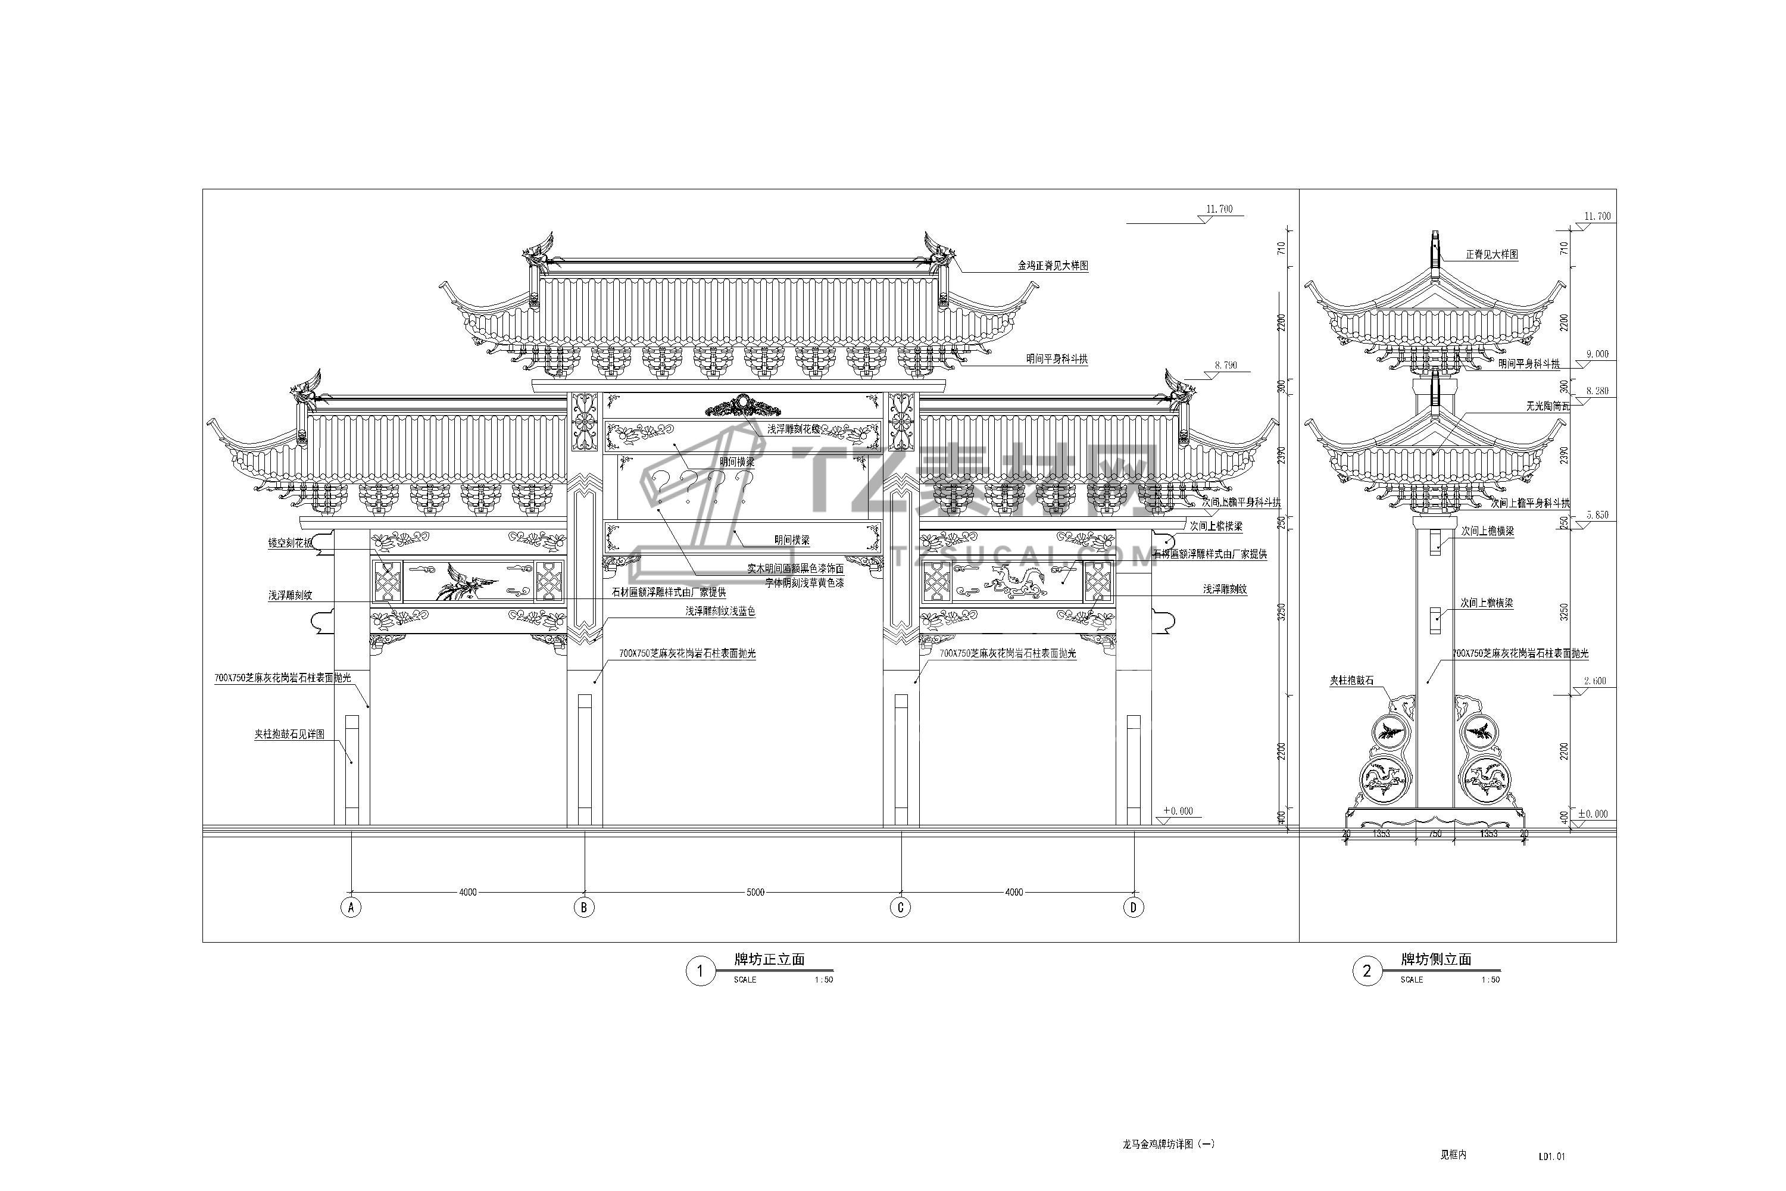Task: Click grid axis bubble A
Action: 350,907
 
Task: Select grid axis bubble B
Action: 584,907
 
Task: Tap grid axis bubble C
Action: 901,907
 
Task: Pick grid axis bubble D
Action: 1134,907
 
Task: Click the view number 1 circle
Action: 700,971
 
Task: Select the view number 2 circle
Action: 1367,971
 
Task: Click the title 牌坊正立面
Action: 769,959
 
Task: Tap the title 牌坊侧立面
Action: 1436,959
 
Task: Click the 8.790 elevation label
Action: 1226,366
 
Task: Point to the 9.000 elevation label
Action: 1596,354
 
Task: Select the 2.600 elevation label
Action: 1595,681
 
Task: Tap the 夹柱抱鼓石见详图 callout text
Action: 289,734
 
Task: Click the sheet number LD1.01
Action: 1552,1157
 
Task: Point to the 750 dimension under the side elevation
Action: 1435,833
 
